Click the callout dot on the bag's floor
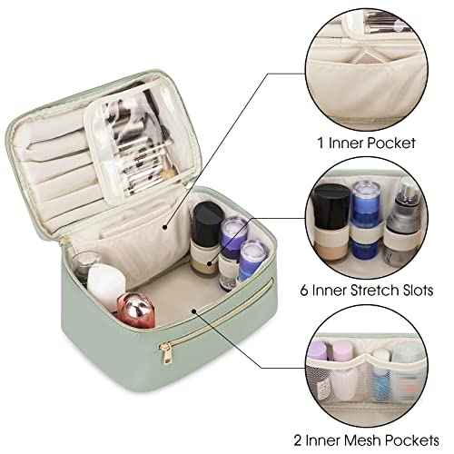click(193, 312)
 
